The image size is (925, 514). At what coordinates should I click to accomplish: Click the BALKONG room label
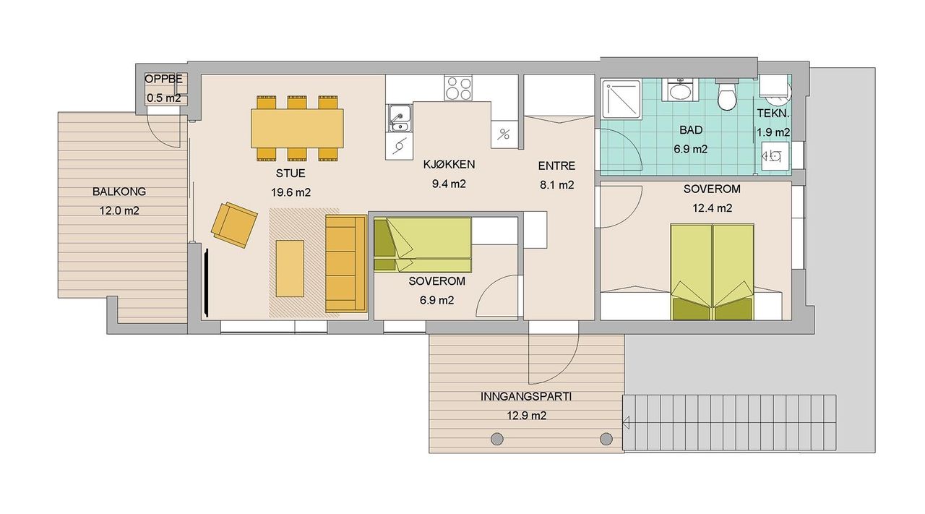pos(119,192)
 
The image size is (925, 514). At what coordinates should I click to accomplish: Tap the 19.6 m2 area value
pos(291,192)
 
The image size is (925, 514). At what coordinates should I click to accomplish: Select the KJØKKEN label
pos(449,164)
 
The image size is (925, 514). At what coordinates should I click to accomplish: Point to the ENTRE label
pos(556,166)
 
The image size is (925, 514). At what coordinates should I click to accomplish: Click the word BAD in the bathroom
pos(691,130)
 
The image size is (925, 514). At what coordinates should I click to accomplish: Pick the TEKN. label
pos(773,113)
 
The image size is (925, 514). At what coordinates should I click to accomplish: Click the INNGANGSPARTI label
pos(526,397)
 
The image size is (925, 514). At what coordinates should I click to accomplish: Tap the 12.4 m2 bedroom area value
pos(713,208)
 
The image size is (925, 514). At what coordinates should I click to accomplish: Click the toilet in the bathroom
pos(727,94)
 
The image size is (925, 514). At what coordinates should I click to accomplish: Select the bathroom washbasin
pos(680,90)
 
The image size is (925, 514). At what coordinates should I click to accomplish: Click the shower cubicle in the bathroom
pos(621,100)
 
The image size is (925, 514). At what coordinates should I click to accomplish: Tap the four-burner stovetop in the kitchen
pos(458,88)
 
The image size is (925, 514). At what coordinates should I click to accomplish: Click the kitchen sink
pos(400,118)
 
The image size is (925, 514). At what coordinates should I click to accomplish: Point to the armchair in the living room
pos(234,225)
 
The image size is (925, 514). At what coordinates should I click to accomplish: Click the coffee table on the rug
pos(290,269)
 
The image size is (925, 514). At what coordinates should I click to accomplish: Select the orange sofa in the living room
pos(346,264)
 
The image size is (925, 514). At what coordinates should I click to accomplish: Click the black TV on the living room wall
pos(206,283)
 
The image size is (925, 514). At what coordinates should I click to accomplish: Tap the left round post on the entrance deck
pos(496,439)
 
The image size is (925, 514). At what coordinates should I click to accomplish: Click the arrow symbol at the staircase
pos(626,423)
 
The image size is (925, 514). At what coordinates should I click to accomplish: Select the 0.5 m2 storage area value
pos(164,98)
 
